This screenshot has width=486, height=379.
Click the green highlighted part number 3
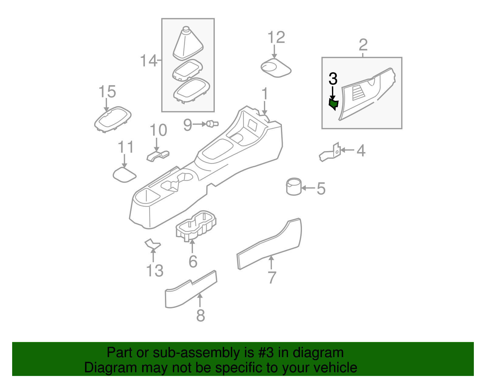coord(334,104)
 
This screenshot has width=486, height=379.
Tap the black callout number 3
coord(333,79)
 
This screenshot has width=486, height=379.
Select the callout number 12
coord(276,38)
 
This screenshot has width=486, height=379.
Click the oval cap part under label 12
coord(276,69)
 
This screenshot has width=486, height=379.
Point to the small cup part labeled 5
coord(294,187)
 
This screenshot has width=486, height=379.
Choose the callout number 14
coord(149,61)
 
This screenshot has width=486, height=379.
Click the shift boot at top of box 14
coord(188,44)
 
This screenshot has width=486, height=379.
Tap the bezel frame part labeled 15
coord(113,119)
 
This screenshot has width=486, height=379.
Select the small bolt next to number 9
coord(212,124)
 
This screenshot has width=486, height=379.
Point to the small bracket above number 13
coord(152,244)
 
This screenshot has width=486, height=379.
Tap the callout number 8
coord(200,316)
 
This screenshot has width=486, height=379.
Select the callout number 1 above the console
coord(265,94)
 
